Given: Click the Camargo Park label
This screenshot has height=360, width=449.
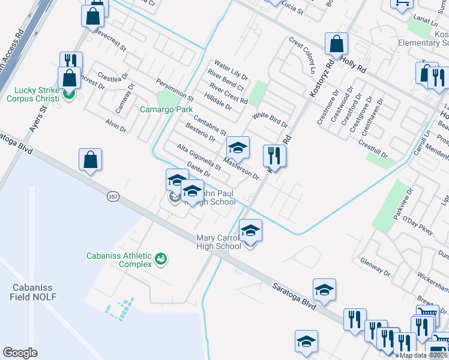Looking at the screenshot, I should point(166,110).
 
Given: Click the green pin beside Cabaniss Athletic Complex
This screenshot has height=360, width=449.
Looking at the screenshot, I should point(161,259).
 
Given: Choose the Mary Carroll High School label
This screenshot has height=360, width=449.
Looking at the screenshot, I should point(219,242).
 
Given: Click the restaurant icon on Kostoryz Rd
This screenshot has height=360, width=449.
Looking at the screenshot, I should point(274,156).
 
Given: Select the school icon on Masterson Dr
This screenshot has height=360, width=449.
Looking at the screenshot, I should point(238,148).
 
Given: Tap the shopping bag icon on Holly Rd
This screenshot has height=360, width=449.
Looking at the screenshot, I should point(337,44).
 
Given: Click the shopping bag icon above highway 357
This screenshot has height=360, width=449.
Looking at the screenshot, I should point(90,160).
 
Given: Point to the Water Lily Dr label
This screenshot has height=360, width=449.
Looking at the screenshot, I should point(231,72).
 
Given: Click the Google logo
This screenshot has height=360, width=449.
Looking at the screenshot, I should point(20,353).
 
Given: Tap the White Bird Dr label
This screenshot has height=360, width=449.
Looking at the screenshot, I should point(270,120).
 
